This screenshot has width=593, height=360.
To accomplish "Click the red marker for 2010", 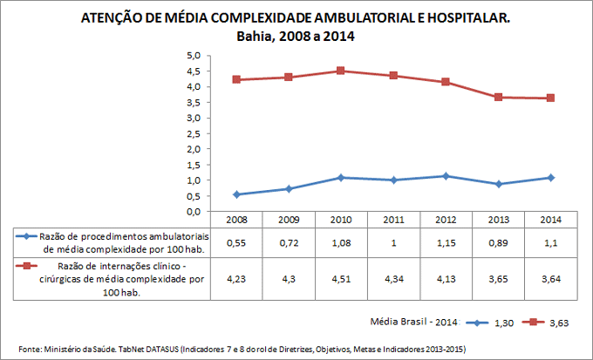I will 341,71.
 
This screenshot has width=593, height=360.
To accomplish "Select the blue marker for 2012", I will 446,176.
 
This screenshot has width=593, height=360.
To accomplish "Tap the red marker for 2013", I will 499,97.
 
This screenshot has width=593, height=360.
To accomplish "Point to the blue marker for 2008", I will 236,194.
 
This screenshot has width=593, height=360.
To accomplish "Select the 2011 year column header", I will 393,220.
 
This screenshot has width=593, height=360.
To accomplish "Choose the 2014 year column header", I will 551,220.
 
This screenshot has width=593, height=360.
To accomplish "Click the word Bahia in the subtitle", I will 256,37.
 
